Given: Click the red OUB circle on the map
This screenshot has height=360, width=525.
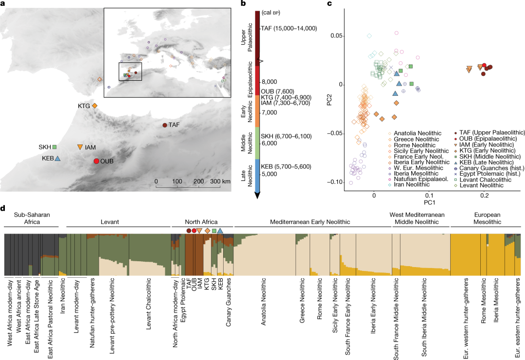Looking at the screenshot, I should tap(96, 162).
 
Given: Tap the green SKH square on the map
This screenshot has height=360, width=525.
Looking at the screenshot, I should tap(54, 147).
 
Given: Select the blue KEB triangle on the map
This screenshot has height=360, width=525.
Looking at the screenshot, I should tap(57, 158).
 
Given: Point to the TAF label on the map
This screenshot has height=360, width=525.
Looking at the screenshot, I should tap(175, 126).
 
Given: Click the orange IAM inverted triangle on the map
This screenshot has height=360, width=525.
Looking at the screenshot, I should tap(80, 147).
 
